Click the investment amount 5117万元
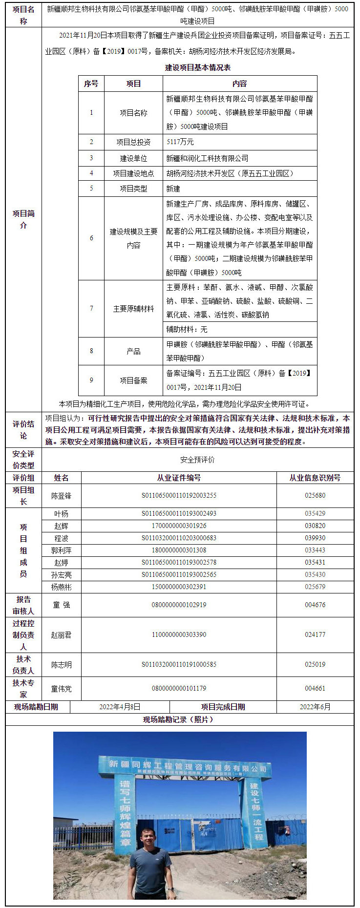pyautogui.click(x=180, y=142)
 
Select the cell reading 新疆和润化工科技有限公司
pyautogui.click(x=207, y=158)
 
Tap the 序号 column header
pyautogui.click(x=91, y=84)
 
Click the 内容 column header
pyautogui.click(x=239, y=84)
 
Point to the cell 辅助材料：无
pyautogui.click(x=187, y=329)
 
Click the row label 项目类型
pyautogui.click(x=133, y=189)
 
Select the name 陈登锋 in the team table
pyautogui.click(x=62, y=496)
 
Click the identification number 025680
pyautogui.click(x=315, y=495)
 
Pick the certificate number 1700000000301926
pyautogui.click(x=179, y=526)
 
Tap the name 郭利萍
pyautogui.click(x=62, y=550)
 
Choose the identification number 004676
pyautogui.click(x=315, y=605)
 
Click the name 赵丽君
pyautogui.click(x=62, y=635)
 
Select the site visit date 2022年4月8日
pyautogui.click(x=120, y=707)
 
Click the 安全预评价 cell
pyautogui.click(x=197, y=460)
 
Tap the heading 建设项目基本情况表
pyautogui.click(x=197, y=68)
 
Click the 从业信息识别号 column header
pyautogui.click(x=315, y=478)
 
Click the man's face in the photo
pyautogui.click(x=148, y=839)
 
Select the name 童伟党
pyautogui.click(x=62, y=689)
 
